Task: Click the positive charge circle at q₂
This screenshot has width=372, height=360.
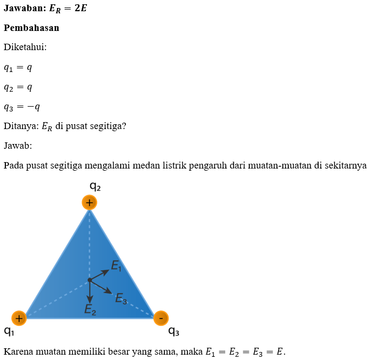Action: pos(90,203)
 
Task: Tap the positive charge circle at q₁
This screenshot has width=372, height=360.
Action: pos(19,318)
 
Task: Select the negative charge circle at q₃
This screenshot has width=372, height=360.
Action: pos(161,318)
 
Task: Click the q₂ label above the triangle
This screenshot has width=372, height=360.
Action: pos(95,187)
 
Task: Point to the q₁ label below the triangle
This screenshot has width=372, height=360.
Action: pos(9,332)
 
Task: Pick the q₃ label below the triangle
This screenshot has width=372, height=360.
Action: pos(173,332)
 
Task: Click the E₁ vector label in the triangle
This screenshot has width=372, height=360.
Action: pos(116,265)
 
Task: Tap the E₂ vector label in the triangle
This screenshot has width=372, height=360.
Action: pos(90,309)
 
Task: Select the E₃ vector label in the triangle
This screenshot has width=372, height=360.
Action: pos(121,298)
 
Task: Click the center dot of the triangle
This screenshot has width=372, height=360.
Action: pos(90,280)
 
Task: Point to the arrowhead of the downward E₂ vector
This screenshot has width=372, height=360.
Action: pos(90,299)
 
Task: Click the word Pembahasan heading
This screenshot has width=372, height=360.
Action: pos(31,28)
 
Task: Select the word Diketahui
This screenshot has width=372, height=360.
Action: pos(25,47)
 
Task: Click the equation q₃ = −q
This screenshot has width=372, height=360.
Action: pos(22,107)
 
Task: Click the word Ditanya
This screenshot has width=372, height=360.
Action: pos(20,126)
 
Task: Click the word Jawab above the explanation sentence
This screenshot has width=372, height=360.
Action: pos(18,146)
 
